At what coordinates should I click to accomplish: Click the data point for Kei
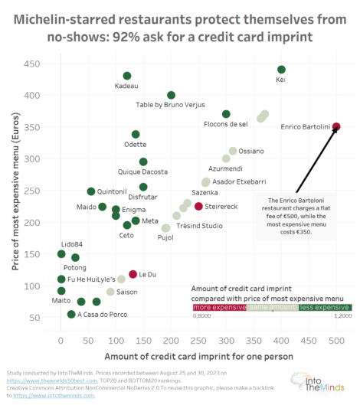click(x=281, y=70)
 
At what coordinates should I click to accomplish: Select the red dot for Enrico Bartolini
click(x=336, y=127)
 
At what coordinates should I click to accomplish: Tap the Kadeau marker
click(x=127, y=76)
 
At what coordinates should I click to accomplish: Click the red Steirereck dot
click(x=198, y=206)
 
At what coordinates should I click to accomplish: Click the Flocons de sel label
click(x=225, y=124)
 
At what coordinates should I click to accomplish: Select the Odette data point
click(x=136, y=134)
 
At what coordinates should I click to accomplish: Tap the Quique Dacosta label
click(x=143, y=172)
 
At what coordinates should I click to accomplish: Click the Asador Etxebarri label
click(x=239, y=181)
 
